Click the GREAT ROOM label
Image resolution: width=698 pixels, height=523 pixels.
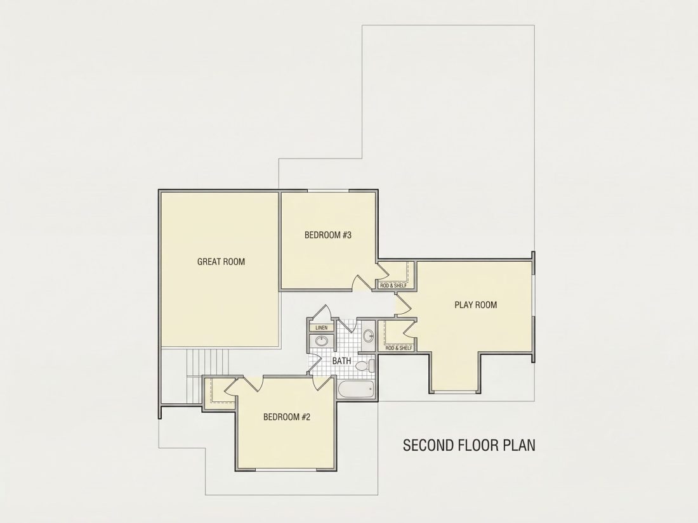point(221,261)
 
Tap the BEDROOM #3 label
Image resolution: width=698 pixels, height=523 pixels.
point(327,235)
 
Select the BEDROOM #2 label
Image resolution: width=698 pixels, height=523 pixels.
point(287,416)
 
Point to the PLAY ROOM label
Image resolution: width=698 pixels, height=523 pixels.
point(475,305)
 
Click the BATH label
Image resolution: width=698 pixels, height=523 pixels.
point(341,361)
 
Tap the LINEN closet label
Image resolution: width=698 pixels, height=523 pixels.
point(322,328)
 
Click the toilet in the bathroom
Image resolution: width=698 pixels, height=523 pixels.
point(365,366)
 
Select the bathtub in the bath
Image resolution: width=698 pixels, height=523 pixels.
point(356,390)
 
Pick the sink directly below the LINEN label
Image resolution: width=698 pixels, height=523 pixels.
point(322,341)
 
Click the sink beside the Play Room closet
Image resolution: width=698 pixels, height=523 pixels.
point(368,335)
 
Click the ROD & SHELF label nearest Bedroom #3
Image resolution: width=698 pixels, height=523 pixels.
point(393,285)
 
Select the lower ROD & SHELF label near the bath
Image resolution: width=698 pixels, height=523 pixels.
point(398,348)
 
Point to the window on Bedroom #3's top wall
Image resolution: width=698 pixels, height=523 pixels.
point(329,191)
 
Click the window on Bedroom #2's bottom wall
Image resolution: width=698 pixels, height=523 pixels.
point(286,468)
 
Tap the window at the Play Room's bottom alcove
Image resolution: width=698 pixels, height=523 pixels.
point(454,392)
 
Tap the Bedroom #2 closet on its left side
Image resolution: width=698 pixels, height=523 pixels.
point(219,391)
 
